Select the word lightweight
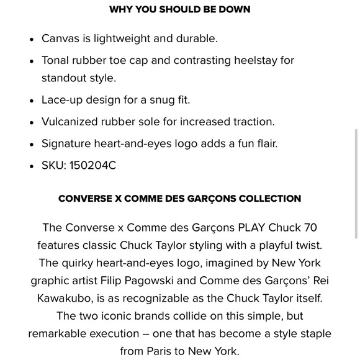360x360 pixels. coord(120,38)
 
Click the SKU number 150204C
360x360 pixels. coord(92,165)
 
